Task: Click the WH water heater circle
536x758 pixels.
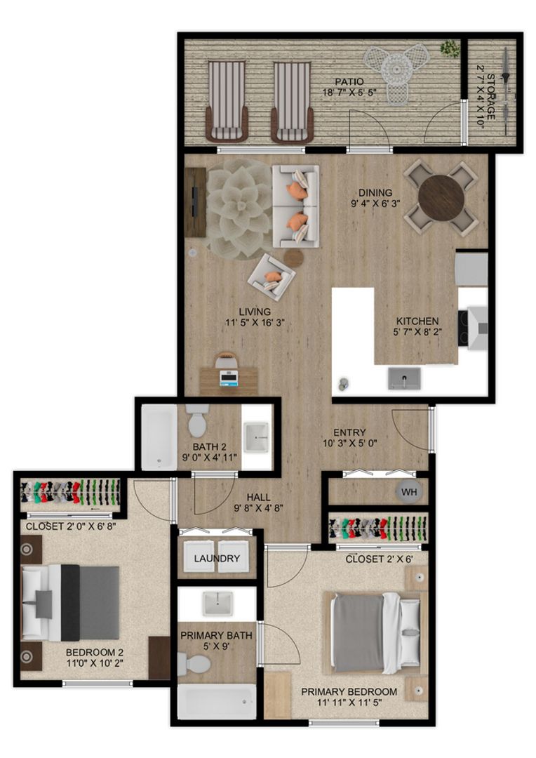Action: (409, 492)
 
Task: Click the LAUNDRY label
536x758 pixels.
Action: (217, 559)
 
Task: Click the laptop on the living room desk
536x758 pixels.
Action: (229, 378)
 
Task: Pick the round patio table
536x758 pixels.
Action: (397, 69)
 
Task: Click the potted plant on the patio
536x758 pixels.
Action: (449, 49)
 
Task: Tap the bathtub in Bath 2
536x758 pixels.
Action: (159, 437)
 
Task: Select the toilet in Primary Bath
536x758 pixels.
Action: (194, 663)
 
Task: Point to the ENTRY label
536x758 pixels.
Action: (349, 432)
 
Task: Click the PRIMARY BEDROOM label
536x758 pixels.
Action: (349, 691)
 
